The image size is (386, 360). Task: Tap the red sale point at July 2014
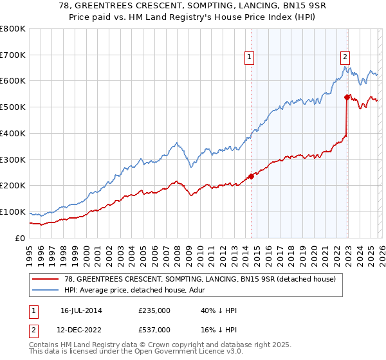pos(251,176)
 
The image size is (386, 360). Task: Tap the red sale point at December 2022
pos(347,98)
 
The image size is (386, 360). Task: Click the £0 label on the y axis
pos(21,238)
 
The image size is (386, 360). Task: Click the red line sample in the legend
pos(46,279)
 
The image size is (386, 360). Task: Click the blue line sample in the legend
pos(46,290)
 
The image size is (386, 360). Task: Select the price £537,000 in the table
pos(154,329)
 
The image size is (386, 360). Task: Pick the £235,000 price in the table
pos(154,310)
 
